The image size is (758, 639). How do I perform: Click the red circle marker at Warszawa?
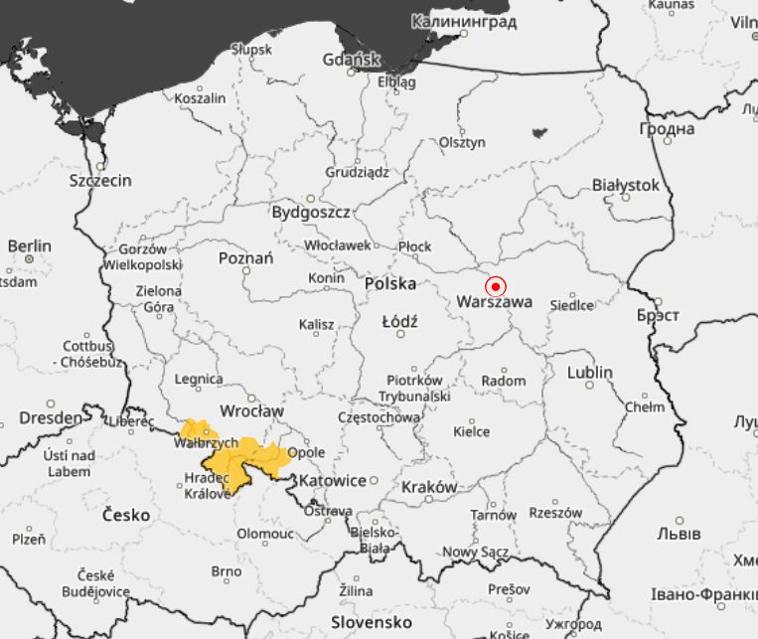495,286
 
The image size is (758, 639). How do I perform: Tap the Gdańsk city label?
352,60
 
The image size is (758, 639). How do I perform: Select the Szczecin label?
100,181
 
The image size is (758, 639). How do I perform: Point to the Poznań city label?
245,258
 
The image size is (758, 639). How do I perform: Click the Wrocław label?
252,410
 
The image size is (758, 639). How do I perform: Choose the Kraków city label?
429,487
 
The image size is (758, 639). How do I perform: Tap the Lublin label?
590,373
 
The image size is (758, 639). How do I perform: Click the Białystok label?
626,185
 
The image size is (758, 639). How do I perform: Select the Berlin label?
29,245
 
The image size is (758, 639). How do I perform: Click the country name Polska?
390,283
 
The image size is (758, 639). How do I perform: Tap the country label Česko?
126,515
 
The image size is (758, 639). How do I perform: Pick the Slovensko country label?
372,622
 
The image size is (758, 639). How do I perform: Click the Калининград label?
464,21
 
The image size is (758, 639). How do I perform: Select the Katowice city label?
333,480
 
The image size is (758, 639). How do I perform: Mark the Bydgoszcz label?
311,212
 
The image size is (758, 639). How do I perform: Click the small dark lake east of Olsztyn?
540,131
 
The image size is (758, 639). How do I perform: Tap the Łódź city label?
400,322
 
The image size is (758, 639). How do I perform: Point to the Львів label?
679,534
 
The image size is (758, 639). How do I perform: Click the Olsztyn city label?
463,142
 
